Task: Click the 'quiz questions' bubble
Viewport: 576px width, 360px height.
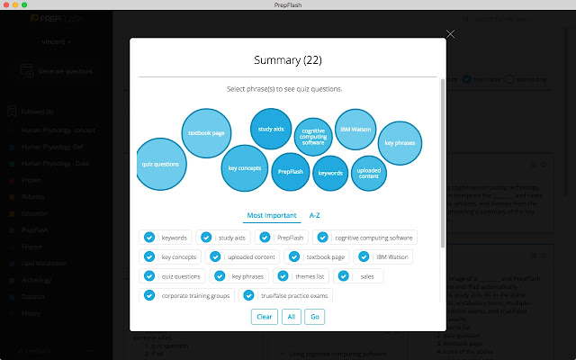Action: (160, 165)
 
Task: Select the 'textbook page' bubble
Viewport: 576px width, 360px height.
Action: (206, 132)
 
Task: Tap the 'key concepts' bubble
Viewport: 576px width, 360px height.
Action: (245, 167)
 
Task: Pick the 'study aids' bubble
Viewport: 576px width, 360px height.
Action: (271, 129)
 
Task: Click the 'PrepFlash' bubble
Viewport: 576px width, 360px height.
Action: (290, 170)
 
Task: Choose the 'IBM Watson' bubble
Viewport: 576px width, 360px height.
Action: (355, 129)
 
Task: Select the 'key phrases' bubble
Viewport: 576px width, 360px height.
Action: (400, 143)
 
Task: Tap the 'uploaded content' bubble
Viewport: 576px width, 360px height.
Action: (369, 172)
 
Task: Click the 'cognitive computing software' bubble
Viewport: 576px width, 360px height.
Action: (313, 138)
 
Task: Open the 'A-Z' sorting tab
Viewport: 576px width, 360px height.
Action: (315, 216)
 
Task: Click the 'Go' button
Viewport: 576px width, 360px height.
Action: (315, 317)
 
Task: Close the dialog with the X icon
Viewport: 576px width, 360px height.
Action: (451, 34)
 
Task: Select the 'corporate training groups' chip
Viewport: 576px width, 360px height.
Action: (194, 295)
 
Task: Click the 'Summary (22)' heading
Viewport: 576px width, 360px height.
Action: (287, 61)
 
